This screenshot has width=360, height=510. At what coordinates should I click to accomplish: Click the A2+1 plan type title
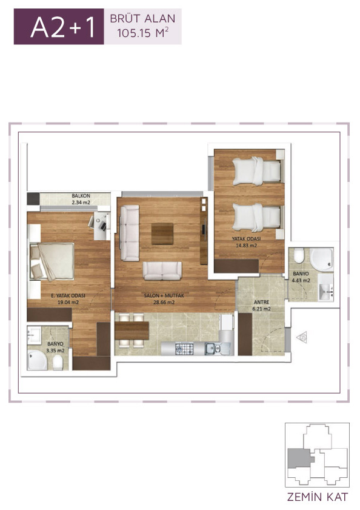(63, 27)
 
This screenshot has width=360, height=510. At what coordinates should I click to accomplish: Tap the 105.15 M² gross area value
(143, 33)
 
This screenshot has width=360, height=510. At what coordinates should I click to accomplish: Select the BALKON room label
(81, 196)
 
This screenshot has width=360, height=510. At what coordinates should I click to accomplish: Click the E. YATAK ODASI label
(68, 296)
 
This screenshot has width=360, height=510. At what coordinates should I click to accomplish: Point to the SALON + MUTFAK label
(164, 296)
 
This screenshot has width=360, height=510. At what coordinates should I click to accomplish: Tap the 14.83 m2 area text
(246, 245)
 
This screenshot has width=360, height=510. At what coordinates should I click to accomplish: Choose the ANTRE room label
(261, 302)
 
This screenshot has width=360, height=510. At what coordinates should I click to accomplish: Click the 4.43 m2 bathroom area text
(301, 280)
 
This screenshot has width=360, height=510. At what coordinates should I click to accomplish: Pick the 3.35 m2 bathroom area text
(55, 351)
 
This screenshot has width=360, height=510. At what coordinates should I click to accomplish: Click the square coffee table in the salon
(162, 233)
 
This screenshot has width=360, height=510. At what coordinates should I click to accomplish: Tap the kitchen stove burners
(184, 349)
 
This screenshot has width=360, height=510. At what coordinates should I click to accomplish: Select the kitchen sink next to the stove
(213, 349)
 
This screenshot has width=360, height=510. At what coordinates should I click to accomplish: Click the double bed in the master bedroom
(52, 261)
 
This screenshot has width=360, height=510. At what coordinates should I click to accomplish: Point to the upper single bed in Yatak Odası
(256, 171)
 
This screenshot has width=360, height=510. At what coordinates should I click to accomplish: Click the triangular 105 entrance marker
(302, 337)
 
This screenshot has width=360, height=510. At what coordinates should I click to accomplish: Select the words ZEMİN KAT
(318, 497)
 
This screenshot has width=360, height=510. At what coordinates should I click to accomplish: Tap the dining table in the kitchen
(132, 330)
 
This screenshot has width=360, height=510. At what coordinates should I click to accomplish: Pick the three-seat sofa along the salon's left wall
(130, 233)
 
